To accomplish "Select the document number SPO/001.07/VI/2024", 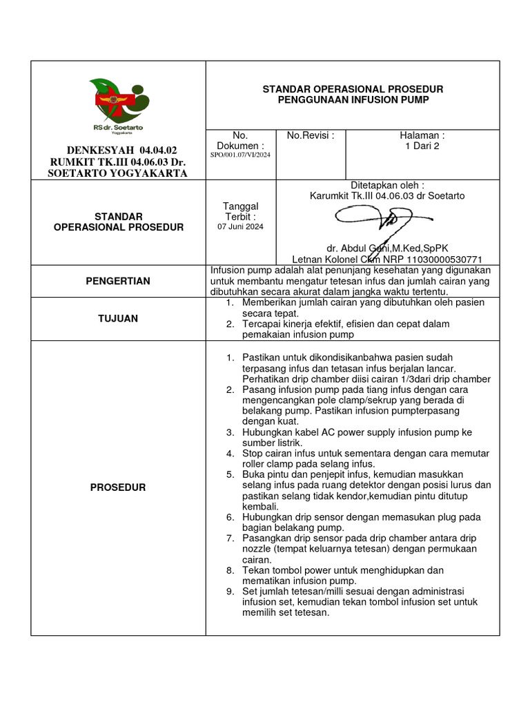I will (240, 155).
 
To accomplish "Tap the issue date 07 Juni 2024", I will (240, 226).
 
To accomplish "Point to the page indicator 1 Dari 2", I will (422, 146).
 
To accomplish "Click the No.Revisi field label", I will (311, 135).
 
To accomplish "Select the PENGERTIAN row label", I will (117, 281).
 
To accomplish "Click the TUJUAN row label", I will (117, 318).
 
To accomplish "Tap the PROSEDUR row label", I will (117, 487).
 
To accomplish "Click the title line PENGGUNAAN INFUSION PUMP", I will (353, 100).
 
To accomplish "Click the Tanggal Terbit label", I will (240, 211).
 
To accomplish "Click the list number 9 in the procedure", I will (230, 592).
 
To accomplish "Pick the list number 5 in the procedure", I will (230, 474).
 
